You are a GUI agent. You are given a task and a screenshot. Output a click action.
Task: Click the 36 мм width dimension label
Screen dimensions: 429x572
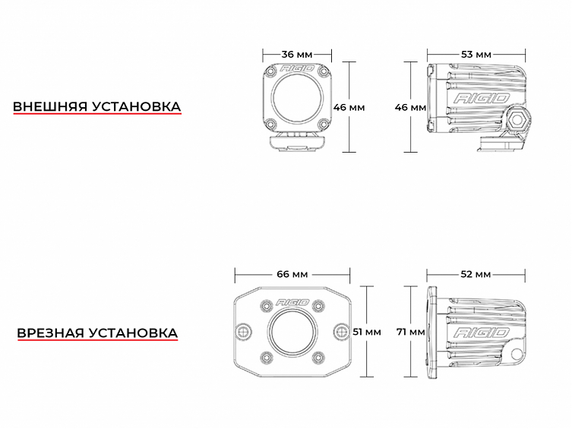297,55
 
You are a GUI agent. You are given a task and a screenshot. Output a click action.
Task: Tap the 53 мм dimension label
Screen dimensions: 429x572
476,55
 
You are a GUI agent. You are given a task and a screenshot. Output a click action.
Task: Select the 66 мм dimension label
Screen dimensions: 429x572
292,273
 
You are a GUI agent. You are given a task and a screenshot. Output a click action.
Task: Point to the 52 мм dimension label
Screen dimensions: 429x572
476,273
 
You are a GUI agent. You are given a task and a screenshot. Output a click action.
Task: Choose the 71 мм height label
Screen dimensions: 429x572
411,332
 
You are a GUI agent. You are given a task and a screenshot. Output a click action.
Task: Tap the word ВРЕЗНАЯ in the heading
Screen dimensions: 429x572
50,333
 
